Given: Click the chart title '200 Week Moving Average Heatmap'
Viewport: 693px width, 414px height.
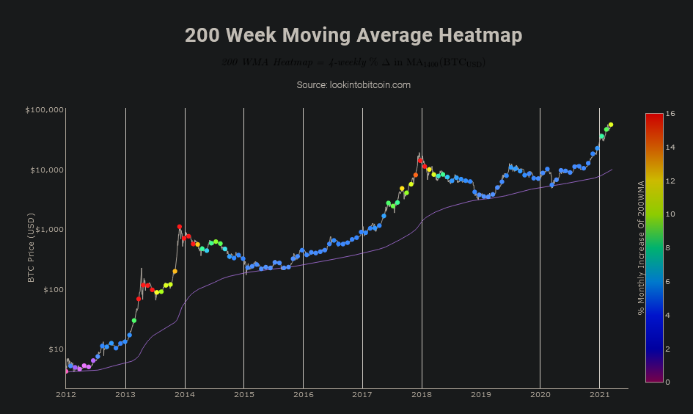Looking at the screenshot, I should (x=353, y=35).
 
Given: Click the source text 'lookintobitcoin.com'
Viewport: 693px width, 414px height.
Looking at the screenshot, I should (x=353, y=85).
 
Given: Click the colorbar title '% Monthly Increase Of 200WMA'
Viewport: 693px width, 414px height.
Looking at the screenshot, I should (x=640, y=247).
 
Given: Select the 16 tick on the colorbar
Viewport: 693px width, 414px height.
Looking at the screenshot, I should (x=670, y=114).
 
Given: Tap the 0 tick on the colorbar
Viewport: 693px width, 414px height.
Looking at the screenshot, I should (x=668, y=382).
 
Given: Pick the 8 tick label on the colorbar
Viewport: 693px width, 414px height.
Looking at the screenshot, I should (x=668, y=248).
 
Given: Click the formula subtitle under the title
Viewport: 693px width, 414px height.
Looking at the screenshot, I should (x=353, y=62).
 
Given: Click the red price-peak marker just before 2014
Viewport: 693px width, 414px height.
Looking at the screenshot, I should (x=179, y=228).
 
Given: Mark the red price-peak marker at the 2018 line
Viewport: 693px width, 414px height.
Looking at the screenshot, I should (x=420, y=160).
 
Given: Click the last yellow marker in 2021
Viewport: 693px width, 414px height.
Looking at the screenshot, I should (x=611, y=125).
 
